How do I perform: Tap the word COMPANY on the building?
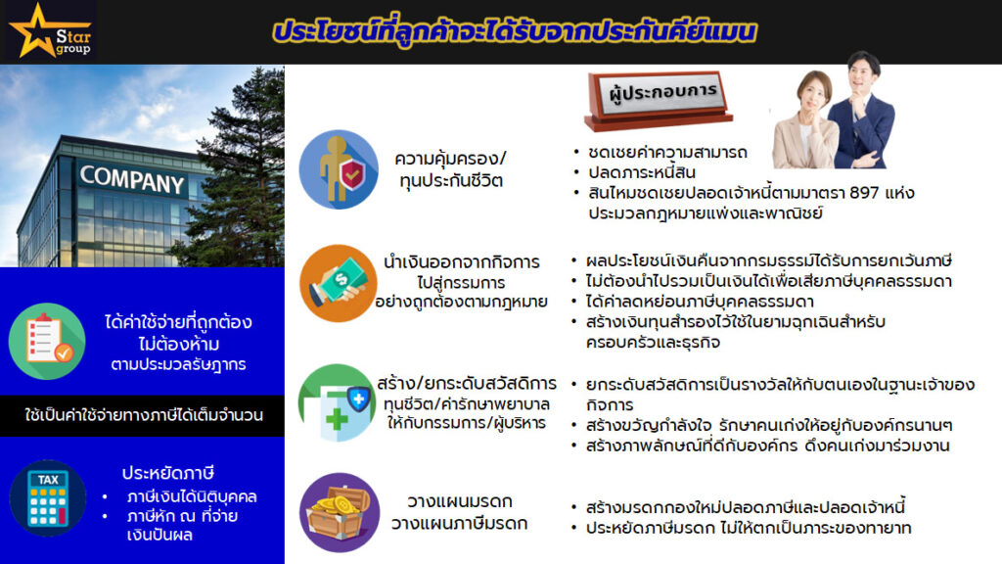click(132, 180)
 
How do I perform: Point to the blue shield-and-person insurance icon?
click(339, 169)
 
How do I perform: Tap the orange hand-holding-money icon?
click(338, 283)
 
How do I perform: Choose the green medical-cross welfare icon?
click(337, 402)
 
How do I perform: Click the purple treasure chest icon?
click(340, 512)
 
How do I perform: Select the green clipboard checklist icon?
click(47, 342)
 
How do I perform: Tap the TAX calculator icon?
click(48, 498)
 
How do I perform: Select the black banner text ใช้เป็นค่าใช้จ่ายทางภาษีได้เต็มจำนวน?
click(144, 415)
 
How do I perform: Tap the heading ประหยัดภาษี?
click(168, 473)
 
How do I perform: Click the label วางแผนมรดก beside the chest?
click(460, 501)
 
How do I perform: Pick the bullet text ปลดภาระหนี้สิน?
click(642, 172)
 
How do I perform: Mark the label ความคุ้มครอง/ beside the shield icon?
click(450, 159)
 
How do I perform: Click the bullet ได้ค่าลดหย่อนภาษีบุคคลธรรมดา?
click(699, 302)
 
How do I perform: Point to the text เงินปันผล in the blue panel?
click(159, 535)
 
